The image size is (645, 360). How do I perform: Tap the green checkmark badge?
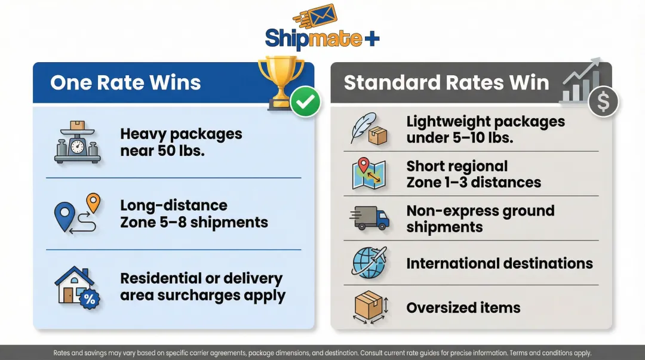click(x=305, y=102)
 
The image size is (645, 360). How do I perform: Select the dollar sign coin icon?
click(x=603, y=103)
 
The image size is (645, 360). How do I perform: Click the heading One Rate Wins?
click(x=125, y=82)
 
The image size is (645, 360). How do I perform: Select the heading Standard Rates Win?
click(x=446, y=82)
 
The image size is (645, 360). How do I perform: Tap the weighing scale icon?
click(x=77, y=143)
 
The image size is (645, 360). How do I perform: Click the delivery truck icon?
click(x=371, y=219)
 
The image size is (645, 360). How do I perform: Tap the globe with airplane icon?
click(x=370, y=263)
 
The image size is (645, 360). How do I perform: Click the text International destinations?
click(x=499, y=263)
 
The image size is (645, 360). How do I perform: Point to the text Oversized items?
click(x=463, y=308)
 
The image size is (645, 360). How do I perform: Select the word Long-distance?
click(x=174, y=205)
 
